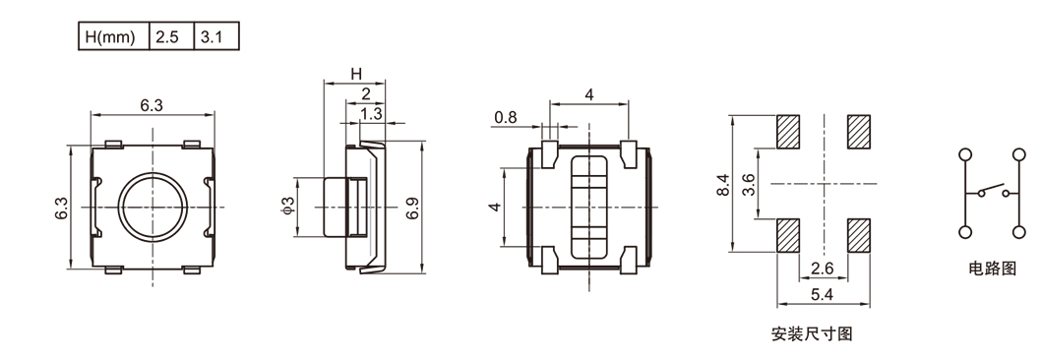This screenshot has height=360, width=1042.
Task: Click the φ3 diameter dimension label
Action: tap(287, 207)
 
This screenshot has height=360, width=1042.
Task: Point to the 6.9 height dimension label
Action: tap(412, 208)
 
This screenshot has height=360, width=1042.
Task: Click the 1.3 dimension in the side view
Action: tap(372, 113)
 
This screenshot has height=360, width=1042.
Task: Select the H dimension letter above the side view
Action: tap(356, 73)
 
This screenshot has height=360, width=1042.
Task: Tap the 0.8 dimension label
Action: tap(506, 118)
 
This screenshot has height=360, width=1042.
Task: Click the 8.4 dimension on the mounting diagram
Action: tap(723, 184)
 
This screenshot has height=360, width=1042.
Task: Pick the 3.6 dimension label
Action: tap(748, 184)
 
